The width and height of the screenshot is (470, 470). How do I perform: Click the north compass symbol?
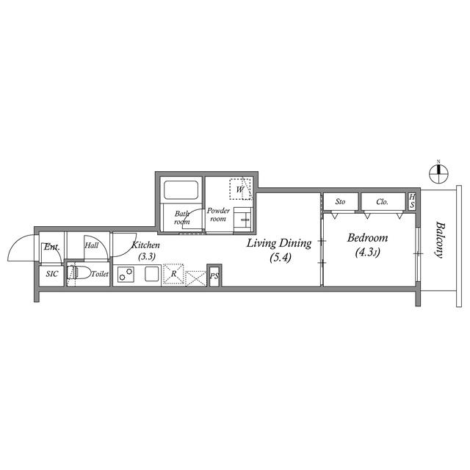(x=438, y=173)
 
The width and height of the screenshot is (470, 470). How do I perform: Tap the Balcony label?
(x=439, y=239)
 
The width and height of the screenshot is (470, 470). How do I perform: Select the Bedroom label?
(x=367, y=238)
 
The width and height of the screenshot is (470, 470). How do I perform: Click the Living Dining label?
(x=279, y=243)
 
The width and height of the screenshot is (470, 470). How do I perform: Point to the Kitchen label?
(x=145, y=245)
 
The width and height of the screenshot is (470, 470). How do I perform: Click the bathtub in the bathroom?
(x=181, y=190)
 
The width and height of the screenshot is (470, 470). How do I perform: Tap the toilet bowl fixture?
(x=79, y=273)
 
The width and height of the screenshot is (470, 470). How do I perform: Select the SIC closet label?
(x=52, y=274)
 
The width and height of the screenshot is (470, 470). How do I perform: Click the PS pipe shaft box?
(x=214, y=275)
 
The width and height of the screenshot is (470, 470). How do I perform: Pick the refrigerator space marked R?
(x=173, y=274)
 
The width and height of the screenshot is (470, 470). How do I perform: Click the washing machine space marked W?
(x=240, y=189)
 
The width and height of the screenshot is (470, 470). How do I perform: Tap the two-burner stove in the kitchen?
(x=126, y=274)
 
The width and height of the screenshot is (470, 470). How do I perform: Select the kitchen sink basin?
(x=151, y=274)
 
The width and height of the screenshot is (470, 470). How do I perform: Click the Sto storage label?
(x=340, y=202)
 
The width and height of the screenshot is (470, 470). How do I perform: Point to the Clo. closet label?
(x=382, y=202)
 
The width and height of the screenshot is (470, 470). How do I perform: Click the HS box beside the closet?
(x=412, y=201)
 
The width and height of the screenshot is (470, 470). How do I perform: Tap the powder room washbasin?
(x=242, y=219)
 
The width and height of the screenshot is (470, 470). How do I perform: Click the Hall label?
(x=91, y=245)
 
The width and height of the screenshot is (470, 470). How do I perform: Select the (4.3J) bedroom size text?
(x=367, y=252)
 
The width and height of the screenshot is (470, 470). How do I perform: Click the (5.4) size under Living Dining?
(x=281, y=257)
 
